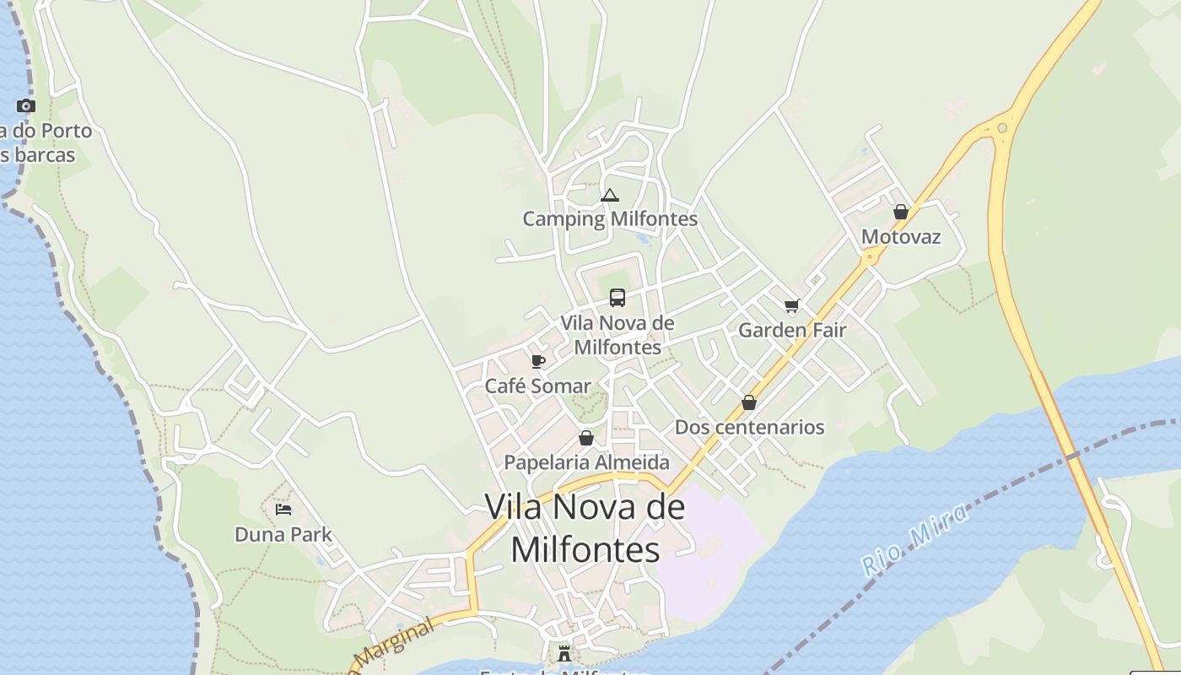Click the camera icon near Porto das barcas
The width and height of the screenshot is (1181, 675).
click(26, 106)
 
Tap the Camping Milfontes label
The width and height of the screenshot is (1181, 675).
click(610, 219)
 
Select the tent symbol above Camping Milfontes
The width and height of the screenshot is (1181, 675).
click(609, 196)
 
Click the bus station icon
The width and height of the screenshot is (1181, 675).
click(617, 297)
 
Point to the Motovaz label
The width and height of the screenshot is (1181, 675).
click(900, 237)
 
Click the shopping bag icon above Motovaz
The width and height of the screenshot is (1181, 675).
click(901, 212)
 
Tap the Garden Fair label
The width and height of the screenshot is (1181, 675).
click(791, 330)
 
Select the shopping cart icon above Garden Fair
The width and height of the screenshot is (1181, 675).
click(791, 305)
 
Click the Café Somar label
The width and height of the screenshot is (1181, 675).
click(537, 386)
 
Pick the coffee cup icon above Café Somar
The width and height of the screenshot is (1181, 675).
click(537, 361)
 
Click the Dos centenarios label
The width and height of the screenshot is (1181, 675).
click(749, 427)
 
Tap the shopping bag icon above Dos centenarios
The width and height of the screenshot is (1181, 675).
click(749, 402)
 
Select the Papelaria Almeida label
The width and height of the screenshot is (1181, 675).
click(586, 462)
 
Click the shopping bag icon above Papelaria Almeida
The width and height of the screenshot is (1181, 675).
click(586, 438)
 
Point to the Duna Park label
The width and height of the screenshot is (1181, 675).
click(283, 535)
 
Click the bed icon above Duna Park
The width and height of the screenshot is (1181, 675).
click(283, 510)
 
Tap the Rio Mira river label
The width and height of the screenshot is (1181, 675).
click(914, 540)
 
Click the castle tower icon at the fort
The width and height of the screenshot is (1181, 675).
click(564, 653)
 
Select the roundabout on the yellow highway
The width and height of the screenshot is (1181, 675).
click(1002, 128)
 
